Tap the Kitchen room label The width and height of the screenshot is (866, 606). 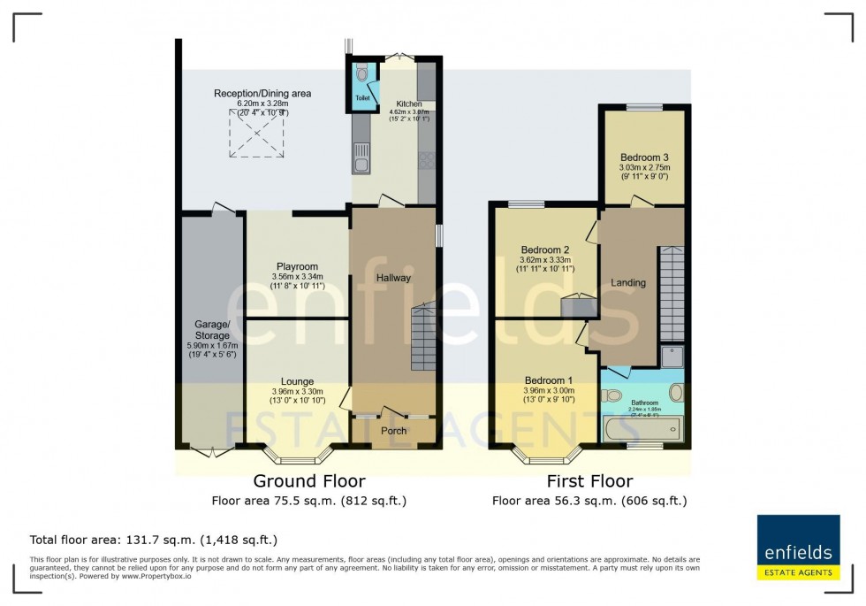tap(408, 104)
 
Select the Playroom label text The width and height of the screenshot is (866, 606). tap(297, 266)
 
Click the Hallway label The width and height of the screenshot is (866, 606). tap(393, 278)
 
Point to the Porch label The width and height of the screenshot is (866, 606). tap(393, 431)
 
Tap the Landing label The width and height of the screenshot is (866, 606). tap(628, 283)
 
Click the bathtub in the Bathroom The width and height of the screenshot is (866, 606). tap(642, 431)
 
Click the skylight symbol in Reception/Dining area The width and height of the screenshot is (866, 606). tap(257, 134)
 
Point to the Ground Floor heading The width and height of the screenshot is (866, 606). tap(308, 481)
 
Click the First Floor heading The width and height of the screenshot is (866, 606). tap(589, 481)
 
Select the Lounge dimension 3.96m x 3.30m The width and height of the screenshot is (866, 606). tap(297, 392)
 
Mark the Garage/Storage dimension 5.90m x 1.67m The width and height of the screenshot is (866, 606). tap(212, 346)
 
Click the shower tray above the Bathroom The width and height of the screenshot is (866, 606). tap(672, 356)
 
